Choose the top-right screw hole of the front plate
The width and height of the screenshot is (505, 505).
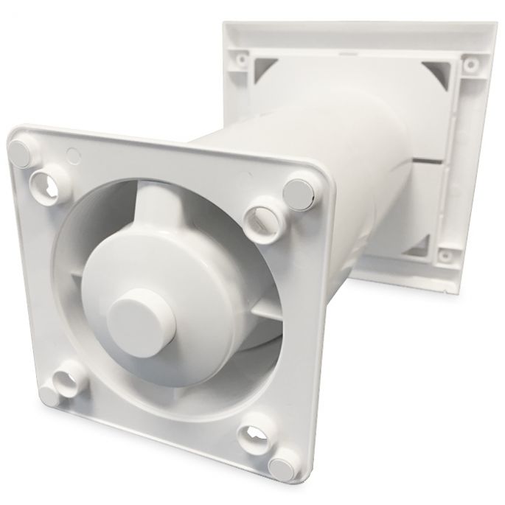[x=263, y=216]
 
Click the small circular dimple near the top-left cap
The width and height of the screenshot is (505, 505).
[x=72, y=156]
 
